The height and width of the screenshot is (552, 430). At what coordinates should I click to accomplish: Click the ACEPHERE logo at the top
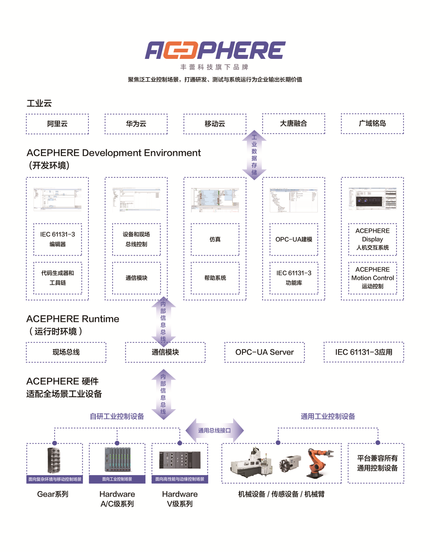point(215,50)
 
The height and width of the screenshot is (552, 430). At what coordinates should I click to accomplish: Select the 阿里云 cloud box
point(57,124)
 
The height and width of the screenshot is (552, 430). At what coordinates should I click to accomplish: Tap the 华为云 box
point(136,124)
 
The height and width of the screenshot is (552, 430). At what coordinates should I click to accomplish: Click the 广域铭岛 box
point(372,124)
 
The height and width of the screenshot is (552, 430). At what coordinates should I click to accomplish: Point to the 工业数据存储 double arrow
point(254,155)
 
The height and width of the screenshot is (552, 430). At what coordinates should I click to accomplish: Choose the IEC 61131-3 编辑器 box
point(58,239)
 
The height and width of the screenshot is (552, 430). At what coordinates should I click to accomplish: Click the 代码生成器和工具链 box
point(58,278)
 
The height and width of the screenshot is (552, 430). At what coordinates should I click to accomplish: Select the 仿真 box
point(215,239)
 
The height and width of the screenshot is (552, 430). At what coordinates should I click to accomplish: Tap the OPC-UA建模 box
point(293,239)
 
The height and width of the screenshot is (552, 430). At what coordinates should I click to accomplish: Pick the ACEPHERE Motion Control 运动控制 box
point(372,278)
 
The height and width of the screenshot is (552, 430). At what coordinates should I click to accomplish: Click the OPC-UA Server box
point(264,352)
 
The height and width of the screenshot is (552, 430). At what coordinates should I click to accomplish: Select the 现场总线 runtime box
point(66,352)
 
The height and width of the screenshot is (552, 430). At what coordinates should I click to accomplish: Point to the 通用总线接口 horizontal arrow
point(214,430)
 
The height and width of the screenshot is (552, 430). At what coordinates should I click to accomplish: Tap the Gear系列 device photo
point(54,460)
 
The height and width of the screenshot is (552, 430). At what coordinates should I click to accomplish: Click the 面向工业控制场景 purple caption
point(117,479)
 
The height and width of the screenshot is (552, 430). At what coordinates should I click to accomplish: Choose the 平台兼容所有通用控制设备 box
point(377,463)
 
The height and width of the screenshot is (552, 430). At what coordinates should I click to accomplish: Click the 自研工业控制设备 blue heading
point(117,416)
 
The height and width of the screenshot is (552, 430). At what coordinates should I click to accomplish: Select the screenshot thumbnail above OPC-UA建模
point(293,200)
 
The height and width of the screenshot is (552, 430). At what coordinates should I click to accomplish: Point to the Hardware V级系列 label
point(180,499)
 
